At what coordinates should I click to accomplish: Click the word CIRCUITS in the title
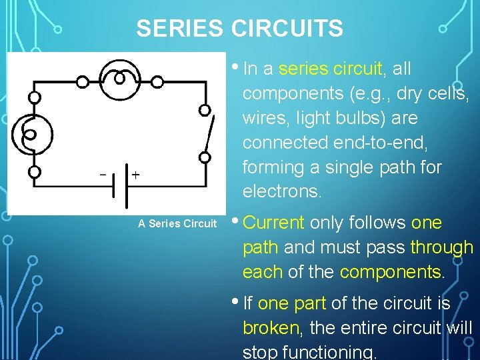point(287,29)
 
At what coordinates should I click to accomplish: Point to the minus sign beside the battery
point(103,175)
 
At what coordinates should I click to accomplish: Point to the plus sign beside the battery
point(135,175)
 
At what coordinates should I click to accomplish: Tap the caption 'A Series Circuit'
point(177,224)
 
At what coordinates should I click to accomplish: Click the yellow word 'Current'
point(274,223)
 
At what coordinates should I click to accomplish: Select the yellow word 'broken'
point(271,328)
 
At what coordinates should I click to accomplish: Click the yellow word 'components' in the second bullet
point(390,272)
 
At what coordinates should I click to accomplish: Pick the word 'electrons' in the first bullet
point(281,192)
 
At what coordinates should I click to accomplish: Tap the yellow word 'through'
point(441,247)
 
